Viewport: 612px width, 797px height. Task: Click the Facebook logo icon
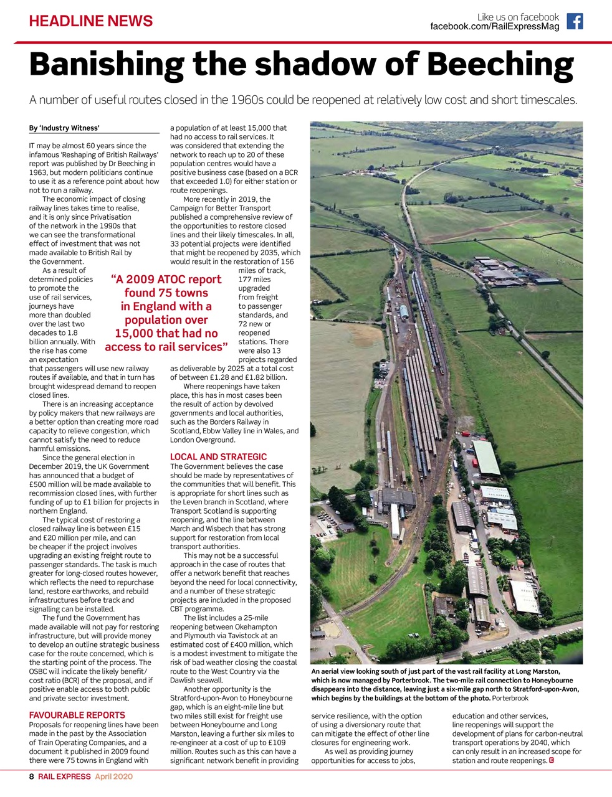click(x=575, y=22)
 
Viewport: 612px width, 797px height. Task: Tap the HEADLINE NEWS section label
click(x=91, y=21)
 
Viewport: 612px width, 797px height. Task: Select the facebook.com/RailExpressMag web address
click(x=494, y=27)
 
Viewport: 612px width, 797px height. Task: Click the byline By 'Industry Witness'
click(x=64, y=128)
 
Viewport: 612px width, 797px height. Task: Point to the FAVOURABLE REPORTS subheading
click(x=77, y=715)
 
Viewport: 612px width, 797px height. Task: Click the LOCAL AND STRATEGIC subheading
click(x=218, y=457)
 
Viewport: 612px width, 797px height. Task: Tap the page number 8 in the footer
click(x=31, y=777)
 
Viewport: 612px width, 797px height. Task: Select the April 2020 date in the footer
click(x=113, y=777)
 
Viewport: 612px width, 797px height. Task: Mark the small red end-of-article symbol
click(x=552, y=760)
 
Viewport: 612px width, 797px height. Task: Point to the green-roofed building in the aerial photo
click(x=486, y=458)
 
